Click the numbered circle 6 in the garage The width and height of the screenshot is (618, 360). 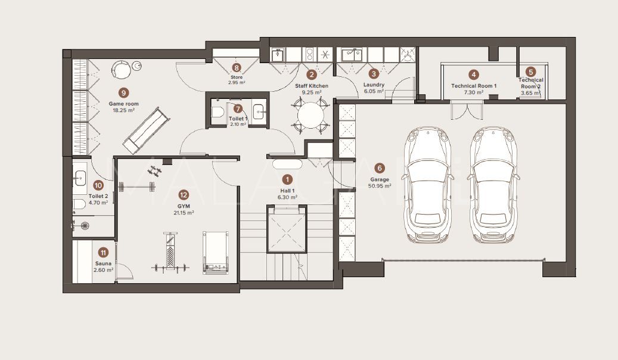[380, 168]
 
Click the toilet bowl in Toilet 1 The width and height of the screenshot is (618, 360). [218, 111]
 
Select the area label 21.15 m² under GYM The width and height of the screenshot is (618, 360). [184, 212]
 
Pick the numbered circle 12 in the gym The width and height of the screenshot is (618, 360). [184, 194]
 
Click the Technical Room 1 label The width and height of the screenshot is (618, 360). [474, 86]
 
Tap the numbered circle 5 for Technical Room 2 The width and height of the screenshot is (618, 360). [530, 71]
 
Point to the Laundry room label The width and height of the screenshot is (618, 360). [374, 85]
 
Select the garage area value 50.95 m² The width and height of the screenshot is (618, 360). [380, 186]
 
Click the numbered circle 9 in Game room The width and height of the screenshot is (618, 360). [123, 92]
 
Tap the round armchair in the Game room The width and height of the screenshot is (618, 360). [122, 70]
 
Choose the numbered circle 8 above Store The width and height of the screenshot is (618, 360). [237, 68]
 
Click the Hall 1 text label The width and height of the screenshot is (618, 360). [287, 191]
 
